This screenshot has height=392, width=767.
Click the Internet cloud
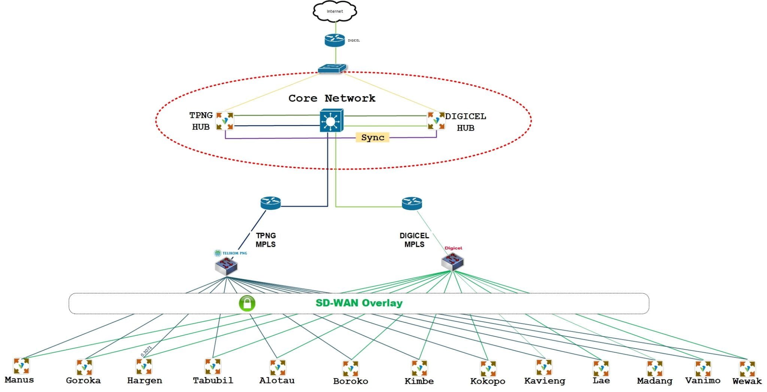click(x=334, y=12)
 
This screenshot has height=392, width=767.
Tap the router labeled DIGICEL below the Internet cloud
click(x=334, y=40)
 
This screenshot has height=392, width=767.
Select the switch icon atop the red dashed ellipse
click(x=332, y=68)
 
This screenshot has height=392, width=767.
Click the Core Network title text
click(x=331, y=98)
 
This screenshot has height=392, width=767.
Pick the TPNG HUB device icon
click(x=225, y=121)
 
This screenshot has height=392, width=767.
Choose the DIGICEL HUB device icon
click(x=436, y=120)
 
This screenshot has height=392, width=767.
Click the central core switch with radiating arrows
click(x=331, y=121)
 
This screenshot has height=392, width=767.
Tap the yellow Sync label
click(x=372, y=137)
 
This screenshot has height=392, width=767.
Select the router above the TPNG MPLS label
click(x=270, y=203)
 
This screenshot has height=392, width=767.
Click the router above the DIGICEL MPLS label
click(x=412, y=203)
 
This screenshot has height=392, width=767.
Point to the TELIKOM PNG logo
click(x=230, y=253)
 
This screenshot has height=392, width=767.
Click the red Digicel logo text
click(x=453, y=248)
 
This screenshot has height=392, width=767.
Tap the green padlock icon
click(x=247, y=303)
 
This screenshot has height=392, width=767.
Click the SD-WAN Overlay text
click(x=359, y=303)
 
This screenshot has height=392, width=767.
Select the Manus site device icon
click(x=21, y=366)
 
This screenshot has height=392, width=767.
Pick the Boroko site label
click(x=351, y=381)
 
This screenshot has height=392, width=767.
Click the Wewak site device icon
click(x=747, y=368)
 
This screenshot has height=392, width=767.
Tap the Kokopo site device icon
click(x=488, y=368)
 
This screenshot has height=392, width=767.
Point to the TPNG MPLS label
click(x=266, y=240)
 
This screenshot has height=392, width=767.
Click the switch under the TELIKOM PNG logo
click(x=226, y=266)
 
